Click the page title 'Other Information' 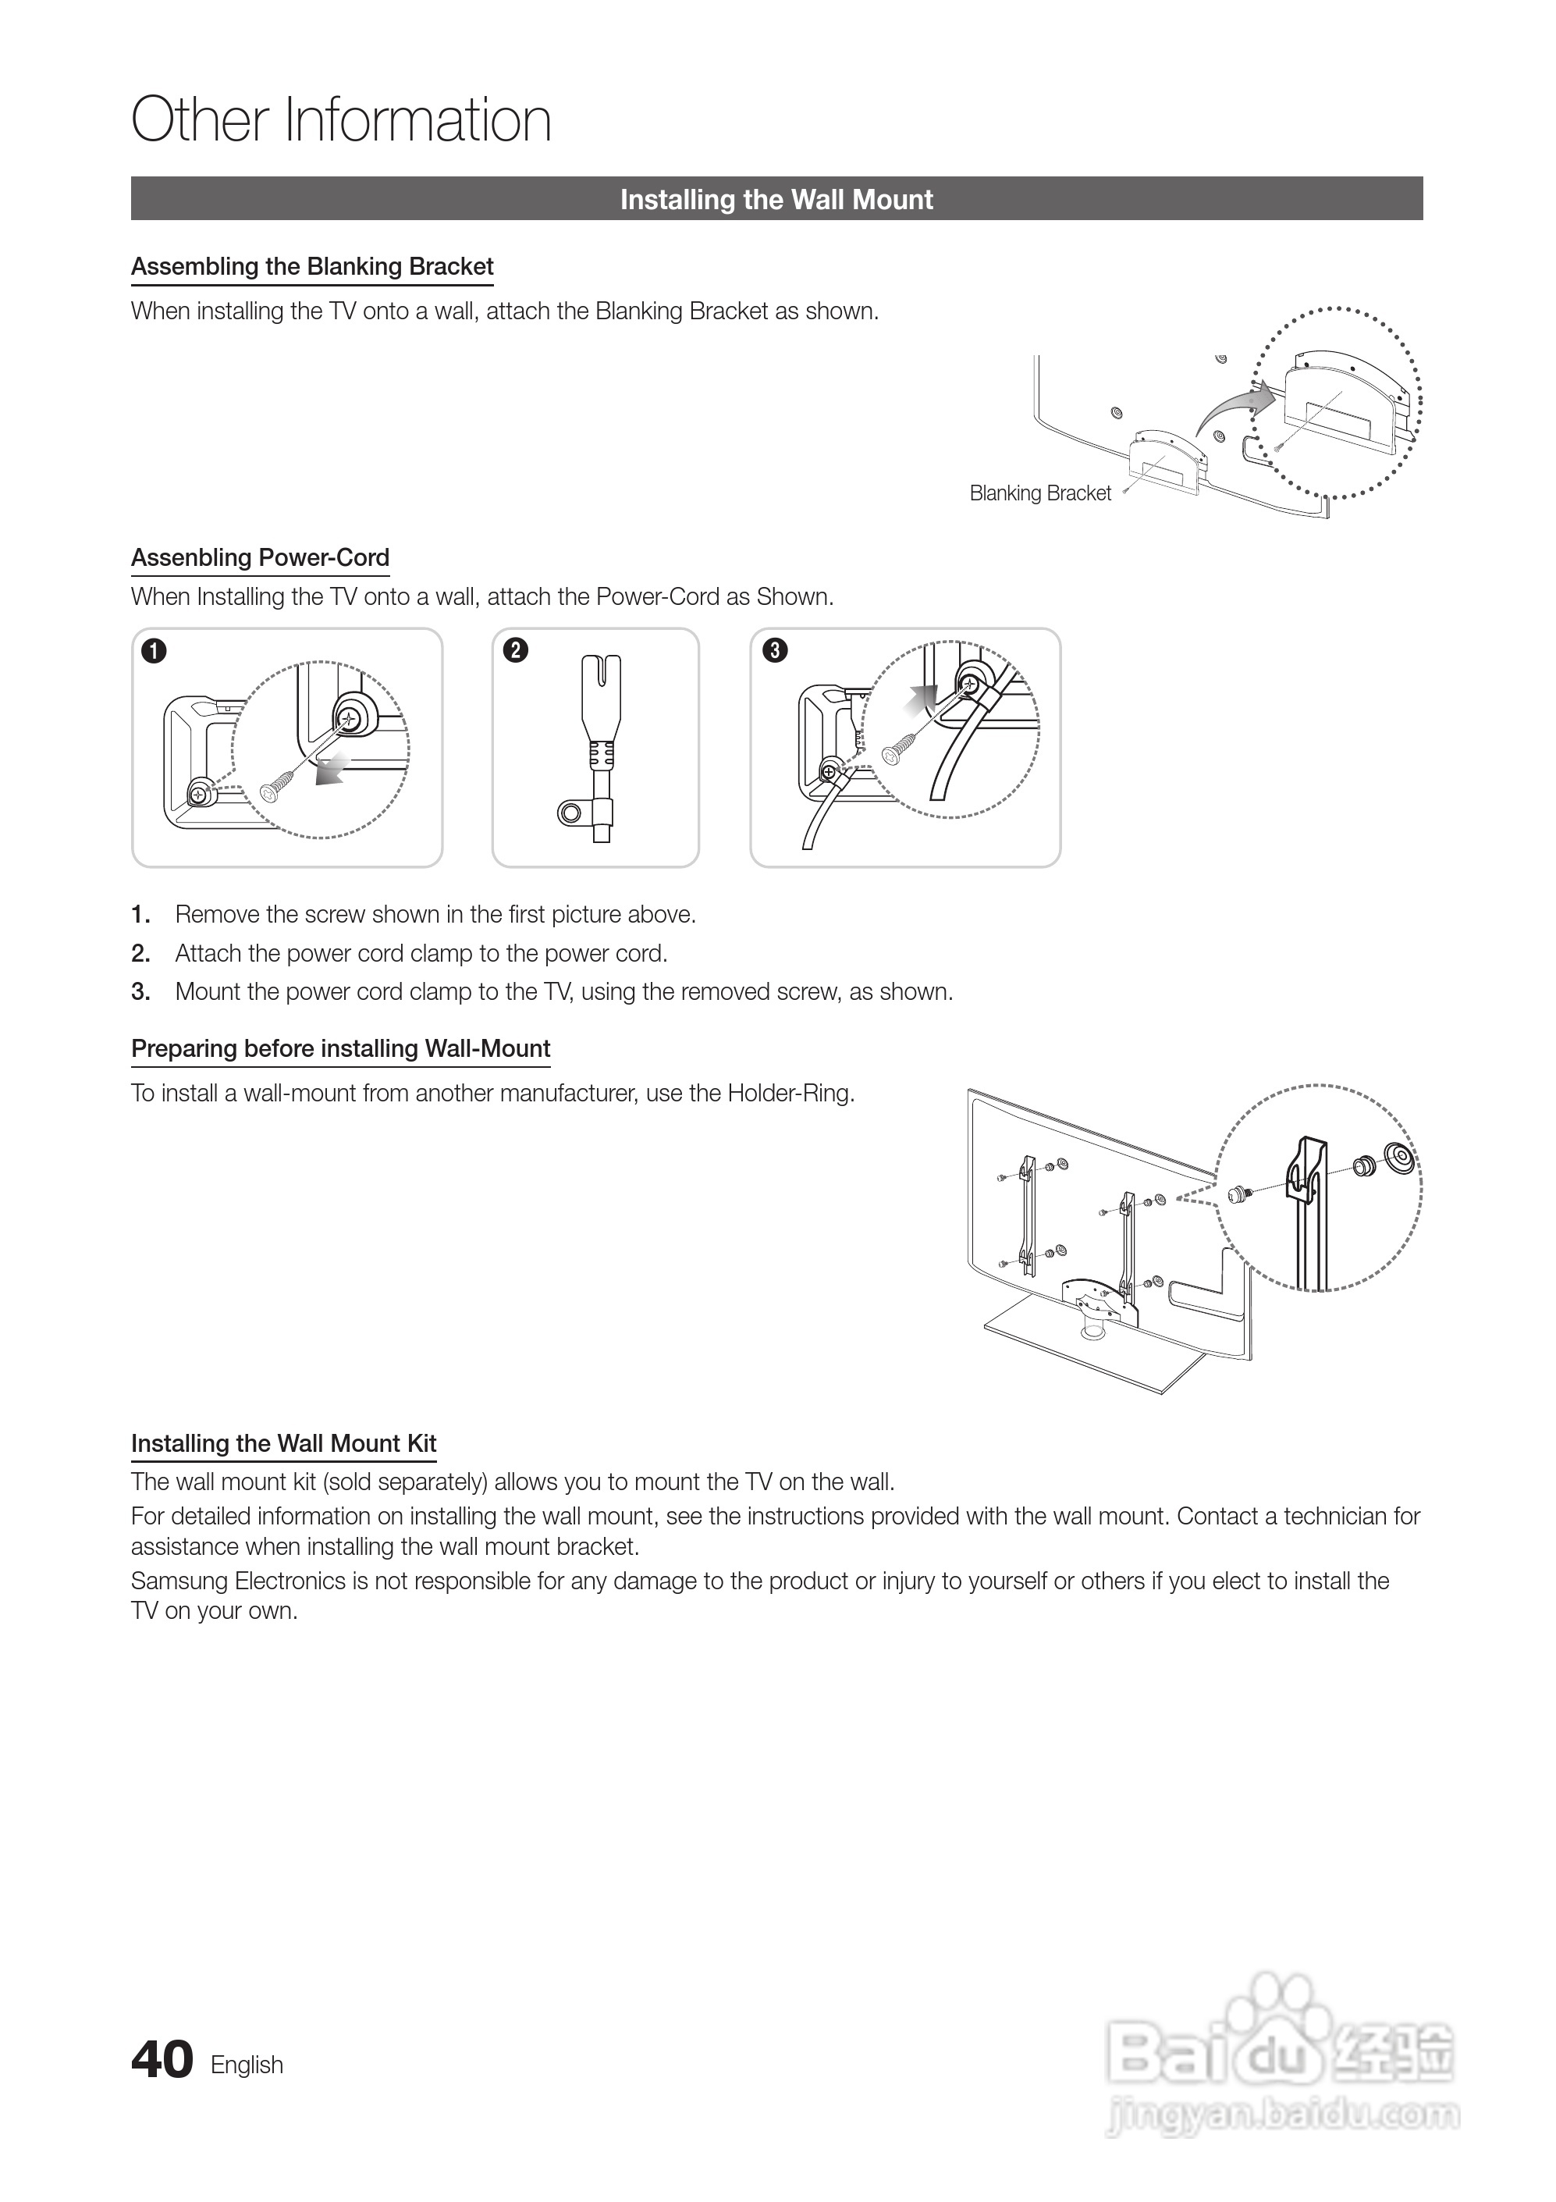341,121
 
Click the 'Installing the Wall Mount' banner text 776,200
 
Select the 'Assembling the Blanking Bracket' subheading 313,267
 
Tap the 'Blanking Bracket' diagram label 1040,493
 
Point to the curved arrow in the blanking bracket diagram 1232,407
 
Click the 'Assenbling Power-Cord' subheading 260,558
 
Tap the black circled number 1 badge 154,651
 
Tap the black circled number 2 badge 516,650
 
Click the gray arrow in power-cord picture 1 331,769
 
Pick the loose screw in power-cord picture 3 898,750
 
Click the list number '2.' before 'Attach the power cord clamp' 141,953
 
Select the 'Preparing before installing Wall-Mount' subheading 341,1048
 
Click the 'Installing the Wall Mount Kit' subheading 284,1443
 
